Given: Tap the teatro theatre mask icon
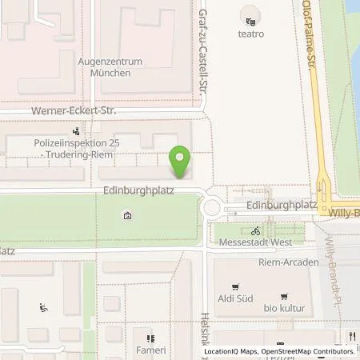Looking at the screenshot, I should point(251,22).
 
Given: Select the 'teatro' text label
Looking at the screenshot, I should point(251,34).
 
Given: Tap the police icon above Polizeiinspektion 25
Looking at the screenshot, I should point(76,129).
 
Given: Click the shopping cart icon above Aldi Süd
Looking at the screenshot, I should point(235,286).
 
